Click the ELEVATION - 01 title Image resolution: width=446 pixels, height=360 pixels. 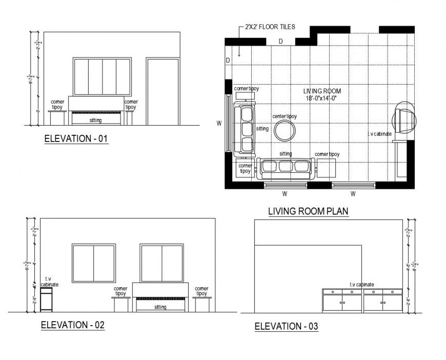[76, 138]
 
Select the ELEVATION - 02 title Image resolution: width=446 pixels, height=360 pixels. [72, 325]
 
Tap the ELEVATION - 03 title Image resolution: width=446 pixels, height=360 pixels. [287, 327]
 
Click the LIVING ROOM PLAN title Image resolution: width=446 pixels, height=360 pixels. [309, 211]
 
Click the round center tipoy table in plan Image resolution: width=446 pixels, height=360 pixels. [285, 131]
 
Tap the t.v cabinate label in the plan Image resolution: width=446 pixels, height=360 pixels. [379, 134]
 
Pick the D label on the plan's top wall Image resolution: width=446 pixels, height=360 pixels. [280, 41]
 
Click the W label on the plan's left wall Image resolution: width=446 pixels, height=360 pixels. [219, 123]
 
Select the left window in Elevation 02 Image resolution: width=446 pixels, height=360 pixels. [93, 263]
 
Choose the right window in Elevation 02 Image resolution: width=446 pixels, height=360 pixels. [162, 263]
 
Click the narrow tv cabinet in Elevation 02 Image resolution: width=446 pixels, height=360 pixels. [47, 299]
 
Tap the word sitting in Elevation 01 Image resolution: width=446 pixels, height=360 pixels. [95, 121]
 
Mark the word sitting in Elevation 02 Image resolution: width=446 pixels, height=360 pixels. [160, 307]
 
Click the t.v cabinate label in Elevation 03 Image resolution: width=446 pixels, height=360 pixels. [362, 284]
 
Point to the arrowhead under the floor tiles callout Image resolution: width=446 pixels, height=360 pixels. [240, 53]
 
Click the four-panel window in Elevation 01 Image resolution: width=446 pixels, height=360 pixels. [102, 76]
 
